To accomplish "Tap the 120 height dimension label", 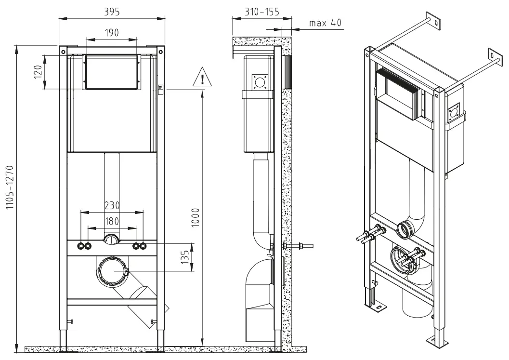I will click(x=39, y=73).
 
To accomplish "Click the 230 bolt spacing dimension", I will click(x=112, y=204).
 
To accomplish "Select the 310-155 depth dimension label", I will click(x=261, y=11).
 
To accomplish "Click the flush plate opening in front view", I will click(x=112, y=72).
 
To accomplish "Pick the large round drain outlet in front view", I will click(x=113, y=271).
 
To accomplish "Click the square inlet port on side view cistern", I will click(x=261, y=82).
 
